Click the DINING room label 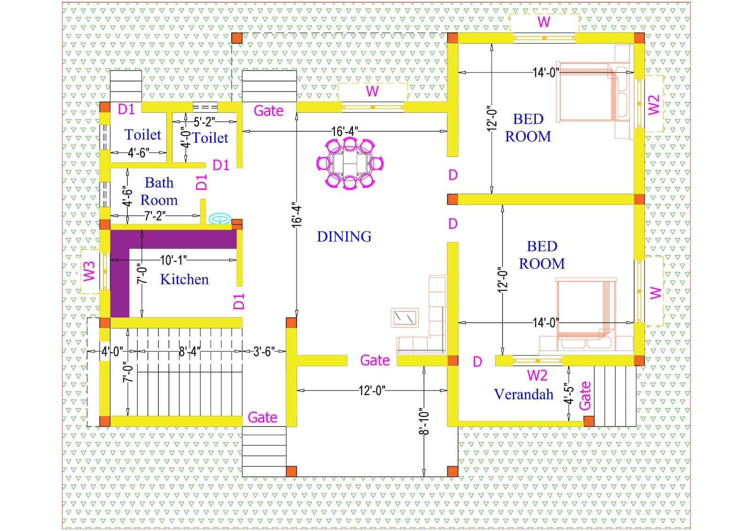(344, 237)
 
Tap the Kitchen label (184, 279)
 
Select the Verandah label (524, 394)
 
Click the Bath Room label (159, 191)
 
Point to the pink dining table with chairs (350, 164)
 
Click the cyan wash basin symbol (220, 219)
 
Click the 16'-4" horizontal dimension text (345, 131)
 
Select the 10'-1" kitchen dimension (173, 260)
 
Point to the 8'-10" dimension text (424, 422)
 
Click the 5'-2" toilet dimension (204, 122)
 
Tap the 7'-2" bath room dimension (155, 216)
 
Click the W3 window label (89, 271)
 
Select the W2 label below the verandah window (537, 375)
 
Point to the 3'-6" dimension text (264, 351)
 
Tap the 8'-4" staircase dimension (190, 351)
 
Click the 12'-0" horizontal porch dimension (372, 390)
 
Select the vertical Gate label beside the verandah (585, 396)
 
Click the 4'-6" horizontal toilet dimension (139, 153)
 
